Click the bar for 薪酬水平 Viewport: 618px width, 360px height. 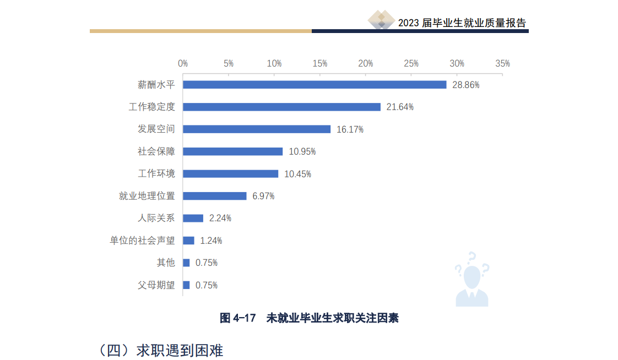click(315, 85)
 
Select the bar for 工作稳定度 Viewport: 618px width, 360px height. click(281, 107)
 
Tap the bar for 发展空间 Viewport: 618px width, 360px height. click(257, 129)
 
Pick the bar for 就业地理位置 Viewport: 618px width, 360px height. click(215, 196)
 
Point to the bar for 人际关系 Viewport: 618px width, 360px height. click(193, 218)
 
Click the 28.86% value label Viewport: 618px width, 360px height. click(466, 85)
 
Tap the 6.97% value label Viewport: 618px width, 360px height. click(263, 196)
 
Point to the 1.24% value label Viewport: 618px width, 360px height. click(211, 241)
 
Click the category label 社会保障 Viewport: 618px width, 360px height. click(156, 151)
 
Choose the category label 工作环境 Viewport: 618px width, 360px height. click(156, 173)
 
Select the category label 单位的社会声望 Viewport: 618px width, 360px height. click(143, 241)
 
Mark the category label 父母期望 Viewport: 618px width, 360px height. click(156, 285)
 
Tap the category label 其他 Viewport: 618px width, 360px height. click(166, 263)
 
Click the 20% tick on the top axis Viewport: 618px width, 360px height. click(366, 64)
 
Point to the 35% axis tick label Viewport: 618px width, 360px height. click(502, 64)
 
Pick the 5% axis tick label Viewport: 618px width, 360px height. click(229, 64)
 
